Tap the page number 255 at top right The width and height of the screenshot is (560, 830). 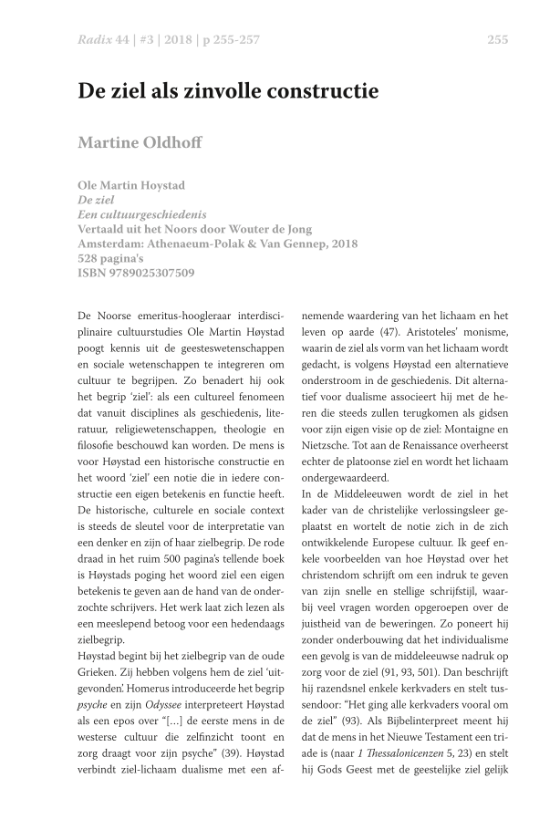497,39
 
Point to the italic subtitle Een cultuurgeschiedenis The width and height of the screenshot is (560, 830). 141,214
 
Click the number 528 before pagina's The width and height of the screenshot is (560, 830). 90,258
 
